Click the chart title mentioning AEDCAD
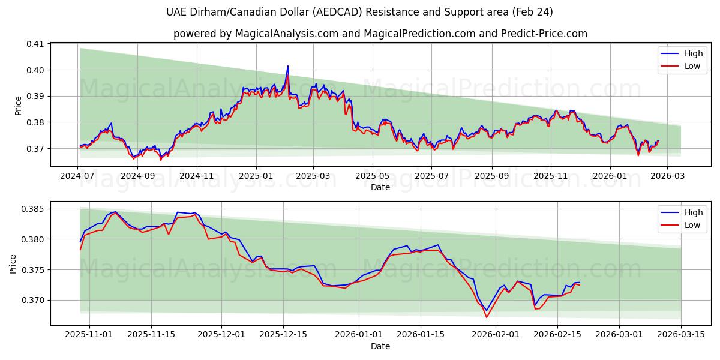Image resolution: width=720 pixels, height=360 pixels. tap(360, 12)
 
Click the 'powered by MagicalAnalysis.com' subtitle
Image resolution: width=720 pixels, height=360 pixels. tap(380, 34)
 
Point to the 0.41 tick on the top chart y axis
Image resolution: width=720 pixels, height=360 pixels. tap(35, 44)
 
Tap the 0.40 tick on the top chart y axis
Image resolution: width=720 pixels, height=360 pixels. tap(35, 70)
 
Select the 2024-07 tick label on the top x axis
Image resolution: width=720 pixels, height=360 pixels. tap(78, 176)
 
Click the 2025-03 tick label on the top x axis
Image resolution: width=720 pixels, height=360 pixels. tap(313, 176)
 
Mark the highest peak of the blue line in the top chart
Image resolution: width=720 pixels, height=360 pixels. tap(288, 66)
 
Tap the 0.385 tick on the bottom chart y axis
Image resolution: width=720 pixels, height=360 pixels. tap(33, 209)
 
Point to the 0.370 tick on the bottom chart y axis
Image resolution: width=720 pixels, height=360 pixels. tap(33, 300)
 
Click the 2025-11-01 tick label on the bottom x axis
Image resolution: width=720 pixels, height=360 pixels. tap(89, 335)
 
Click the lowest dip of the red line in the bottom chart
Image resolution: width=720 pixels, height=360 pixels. tap(487, 317)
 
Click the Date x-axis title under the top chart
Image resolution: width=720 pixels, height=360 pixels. tap(380, 187)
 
